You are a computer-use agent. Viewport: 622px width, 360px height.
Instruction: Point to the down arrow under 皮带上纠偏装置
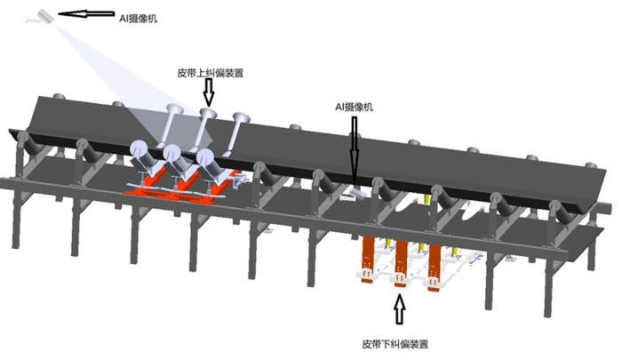point(210,91)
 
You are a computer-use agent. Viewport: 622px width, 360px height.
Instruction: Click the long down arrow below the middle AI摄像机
point(354,147)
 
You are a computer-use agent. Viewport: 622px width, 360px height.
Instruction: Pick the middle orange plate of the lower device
point(401,262)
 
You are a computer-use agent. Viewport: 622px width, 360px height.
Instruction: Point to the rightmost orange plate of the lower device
point(435,262)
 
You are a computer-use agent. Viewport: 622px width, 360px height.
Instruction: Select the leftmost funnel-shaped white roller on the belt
point(173,116)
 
